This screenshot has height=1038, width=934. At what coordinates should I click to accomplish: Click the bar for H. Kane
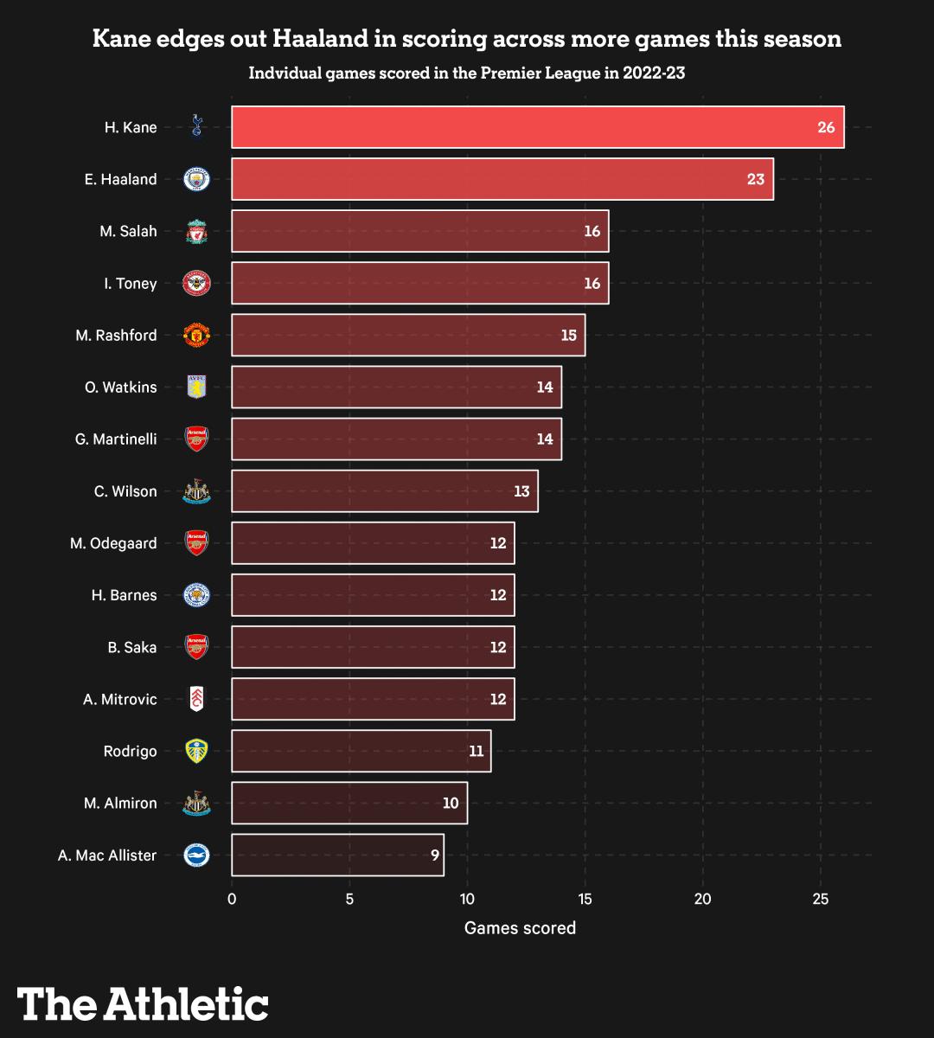coord(537,127)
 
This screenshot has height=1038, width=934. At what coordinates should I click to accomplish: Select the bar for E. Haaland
coord(502,179)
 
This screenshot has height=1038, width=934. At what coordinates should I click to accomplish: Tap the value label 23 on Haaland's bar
coord(755,180)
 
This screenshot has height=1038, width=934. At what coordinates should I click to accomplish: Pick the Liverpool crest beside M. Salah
coord(197,232)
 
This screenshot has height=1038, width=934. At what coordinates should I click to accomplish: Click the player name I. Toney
coord(131,284)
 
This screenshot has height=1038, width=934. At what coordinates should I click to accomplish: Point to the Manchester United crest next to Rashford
coord(197,336)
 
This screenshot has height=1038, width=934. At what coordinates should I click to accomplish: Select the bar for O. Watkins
coord(396,387)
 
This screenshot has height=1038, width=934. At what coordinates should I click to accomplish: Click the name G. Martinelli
coord(116,439)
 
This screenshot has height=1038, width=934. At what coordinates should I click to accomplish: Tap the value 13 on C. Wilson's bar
coord(521,491)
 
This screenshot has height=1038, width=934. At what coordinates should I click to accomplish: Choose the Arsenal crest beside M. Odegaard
coord(197,543)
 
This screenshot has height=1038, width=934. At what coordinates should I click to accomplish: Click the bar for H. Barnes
coord(373,595)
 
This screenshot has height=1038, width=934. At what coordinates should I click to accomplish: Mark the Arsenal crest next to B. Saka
coord(197,647)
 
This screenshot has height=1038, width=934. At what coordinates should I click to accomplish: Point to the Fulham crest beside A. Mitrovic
coord(197,699)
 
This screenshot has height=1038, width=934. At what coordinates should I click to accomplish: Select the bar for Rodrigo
coord(361,751)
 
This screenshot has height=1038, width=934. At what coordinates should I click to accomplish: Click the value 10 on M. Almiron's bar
coord(451,804)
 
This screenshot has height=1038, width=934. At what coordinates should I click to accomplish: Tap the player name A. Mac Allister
coord(107,855)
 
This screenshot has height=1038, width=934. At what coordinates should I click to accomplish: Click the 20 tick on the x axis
coord(703,899)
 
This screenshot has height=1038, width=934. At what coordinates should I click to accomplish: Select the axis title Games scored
coord(520,928)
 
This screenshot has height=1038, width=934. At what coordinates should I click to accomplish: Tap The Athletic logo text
coord(143,1003)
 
